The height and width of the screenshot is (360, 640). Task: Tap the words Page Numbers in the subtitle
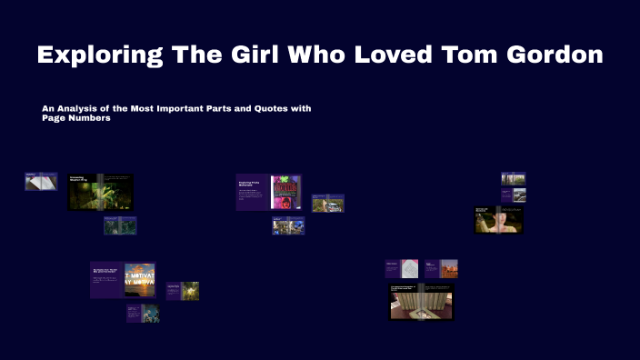[76, 119]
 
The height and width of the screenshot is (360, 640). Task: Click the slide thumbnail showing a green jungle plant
[101, 192]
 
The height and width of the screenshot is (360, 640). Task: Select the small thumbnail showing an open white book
[41, 182]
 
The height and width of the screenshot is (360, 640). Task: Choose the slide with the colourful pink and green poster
[268, 192]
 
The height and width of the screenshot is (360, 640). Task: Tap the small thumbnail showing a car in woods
[327, 204]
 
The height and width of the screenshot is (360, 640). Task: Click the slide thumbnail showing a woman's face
[498, 220]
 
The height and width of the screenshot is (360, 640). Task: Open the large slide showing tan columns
[421, 303]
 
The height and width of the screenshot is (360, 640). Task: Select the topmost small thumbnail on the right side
[514, 179]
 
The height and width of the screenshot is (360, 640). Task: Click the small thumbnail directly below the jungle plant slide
[119, 225]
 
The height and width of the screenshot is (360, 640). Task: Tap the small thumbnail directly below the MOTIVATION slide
[143, 314]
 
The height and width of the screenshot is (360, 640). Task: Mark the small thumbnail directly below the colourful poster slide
[287, 226]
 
